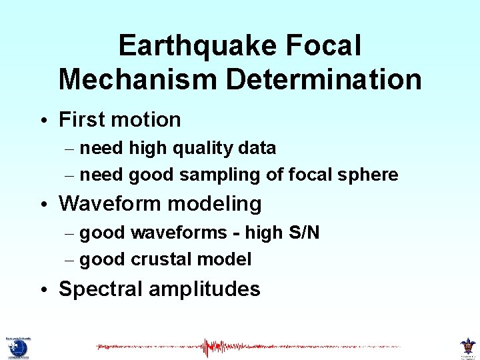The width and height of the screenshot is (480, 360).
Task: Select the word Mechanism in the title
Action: click(x=138, y=79)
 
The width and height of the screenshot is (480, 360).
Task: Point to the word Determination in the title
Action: click(x=324, y=79)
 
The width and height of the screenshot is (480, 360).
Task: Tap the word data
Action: click(x=257, y=147)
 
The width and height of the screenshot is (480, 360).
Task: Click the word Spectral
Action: click(x=101, y=289)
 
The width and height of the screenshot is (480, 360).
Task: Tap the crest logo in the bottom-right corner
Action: click(x=468, y=347)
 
